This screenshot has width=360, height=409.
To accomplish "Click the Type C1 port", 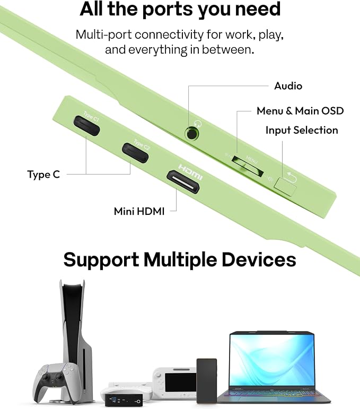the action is coord(86,126).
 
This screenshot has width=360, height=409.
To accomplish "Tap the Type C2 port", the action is coord(135,153).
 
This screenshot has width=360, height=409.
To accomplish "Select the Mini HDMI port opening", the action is coord(183,182).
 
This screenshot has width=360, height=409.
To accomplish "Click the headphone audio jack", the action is coord(192,134).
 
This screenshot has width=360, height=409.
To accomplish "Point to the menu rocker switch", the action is coord(248,167).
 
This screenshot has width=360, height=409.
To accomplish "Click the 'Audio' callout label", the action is coord(288,86).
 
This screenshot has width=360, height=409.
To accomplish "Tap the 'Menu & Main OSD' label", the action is coord(300,111).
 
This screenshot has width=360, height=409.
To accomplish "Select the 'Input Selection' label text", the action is coord(302,130).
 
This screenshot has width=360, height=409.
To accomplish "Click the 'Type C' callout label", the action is coord(43,175).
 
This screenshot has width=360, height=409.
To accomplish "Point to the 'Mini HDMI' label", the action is coord(139,211).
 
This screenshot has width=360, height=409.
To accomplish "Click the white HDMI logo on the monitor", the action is coord(190,172).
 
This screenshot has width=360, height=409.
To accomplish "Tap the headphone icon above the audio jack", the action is coord(197,124).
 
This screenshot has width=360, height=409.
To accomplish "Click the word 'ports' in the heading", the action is coord(169,10).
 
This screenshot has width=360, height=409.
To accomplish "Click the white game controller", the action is coord(56,381).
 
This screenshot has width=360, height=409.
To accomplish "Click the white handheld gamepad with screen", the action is coord(174,382).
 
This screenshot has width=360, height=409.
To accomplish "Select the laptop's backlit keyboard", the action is coord(274,393).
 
